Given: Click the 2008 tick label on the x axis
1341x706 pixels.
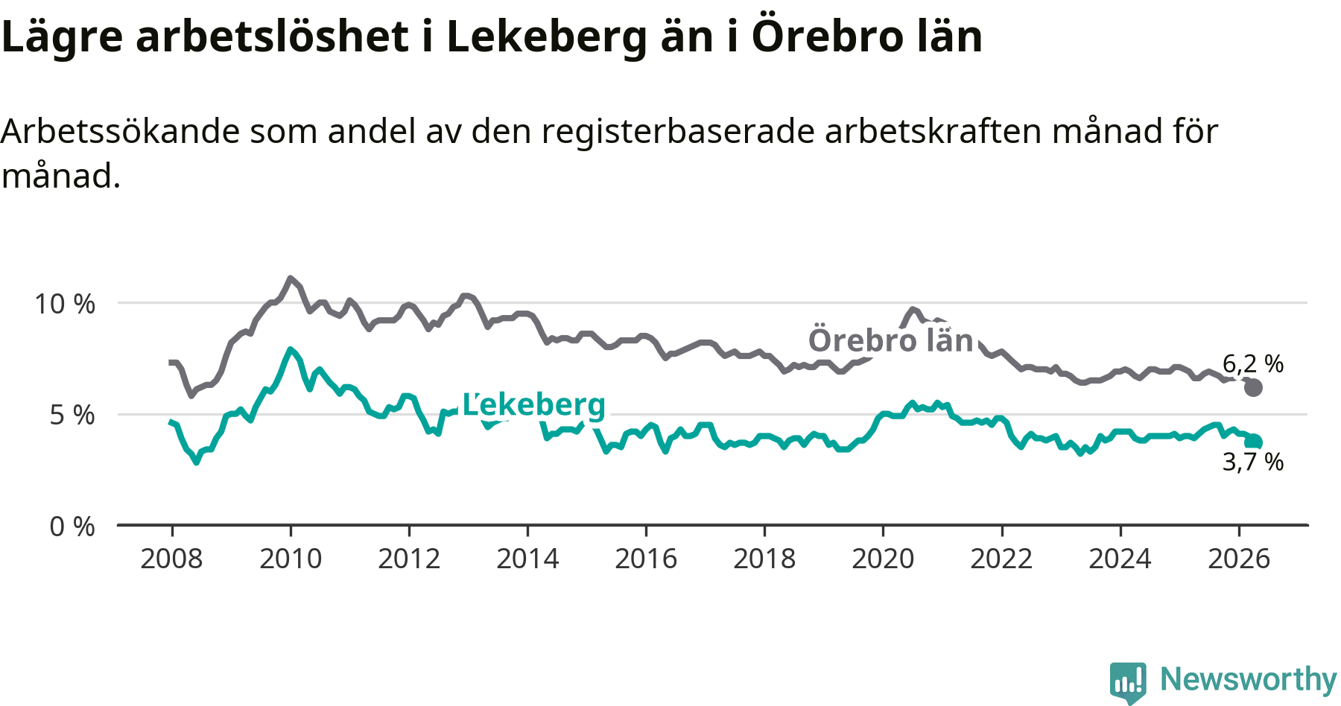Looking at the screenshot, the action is tap(171, 559).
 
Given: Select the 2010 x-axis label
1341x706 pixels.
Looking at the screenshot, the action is tap(291, 559).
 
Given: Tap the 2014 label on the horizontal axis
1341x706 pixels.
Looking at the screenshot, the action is tap(527, 559).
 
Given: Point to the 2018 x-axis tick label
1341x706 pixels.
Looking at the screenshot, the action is tap(764, 559).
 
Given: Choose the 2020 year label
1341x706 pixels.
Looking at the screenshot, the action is tap(883, 559).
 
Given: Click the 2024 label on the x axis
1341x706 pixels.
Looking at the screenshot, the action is tap(1120, 559).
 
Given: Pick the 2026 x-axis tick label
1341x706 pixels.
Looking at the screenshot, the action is tap(1239, 559).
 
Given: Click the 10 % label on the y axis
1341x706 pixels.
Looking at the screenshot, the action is tap(66, 304).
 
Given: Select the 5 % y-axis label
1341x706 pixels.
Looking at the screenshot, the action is tap(73, 415).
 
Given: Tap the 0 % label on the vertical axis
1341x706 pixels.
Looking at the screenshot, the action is tap(73, 527).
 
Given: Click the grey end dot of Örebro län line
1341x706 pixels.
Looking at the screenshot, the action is tap(1253, 387).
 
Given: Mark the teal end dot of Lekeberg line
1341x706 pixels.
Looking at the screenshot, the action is tap(1253, 442).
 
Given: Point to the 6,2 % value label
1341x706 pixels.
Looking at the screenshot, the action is tap(1253, 363).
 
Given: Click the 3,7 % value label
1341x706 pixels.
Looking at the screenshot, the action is tap(1253, 462).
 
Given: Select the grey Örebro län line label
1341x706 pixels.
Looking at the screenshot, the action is tap(891, 340).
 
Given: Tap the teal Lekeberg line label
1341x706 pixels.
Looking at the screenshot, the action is tap(534, 404).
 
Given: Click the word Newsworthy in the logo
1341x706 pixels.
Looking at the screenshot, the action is tap(1249, 679).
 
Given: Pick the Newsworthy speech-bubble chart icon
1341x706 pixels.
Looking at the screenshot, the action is tap(1128, 681).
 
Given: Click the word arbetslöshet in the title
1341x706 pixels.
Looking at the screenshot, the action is tap(273, 36).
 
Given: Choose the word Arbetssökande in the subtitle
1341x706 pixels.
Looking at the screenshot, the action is tap(121, 131).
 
